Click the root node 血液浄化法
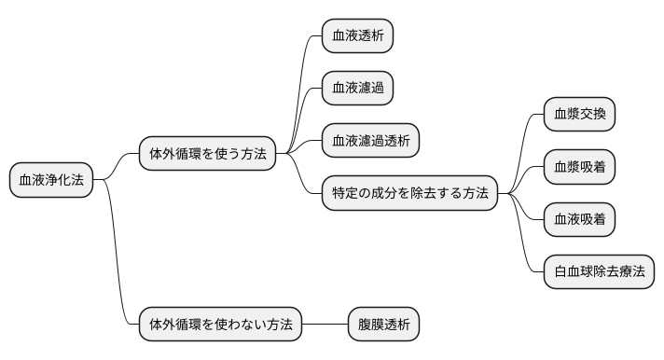tap(51, 180)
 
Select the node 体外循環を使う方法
tap(207, 154)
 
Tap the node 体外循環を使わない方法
tap(220, 325)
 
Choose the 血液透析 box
tap(357, 36)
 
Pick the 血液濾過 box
tap(357, 89)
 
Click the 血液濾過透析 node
tap(370, 141)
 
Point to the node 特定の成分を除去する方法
tap(409, 193)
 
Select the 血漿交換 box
tap(579, 115)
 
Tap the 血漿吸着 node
tap(579, 167)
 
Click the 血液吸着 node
tap(579, 219)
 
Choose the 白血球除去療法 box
tap(599, 271)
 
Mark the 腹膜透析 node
tap(383, 325)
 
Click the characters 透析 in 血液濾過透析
tap(396, 141)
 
